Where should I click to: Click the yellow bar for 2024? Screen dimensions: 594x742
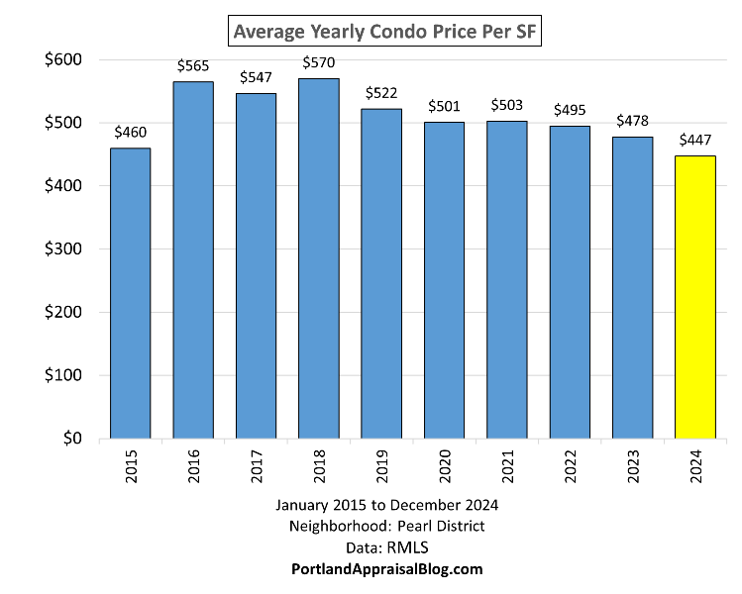(694, 297)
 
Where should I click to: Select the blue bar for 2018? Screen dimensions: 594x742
(318, 258)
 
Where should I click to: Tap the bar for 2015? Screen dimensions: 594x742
(130, 293)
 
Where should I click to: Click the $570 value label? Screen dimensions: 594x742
(318, 64)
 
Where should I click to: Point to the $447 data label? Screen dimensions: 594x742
(694, 142)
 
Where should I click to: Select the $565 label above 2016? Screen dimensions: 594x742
(193, 66)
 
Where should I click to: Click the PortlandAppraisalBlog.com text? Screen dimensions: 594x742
(386, 569)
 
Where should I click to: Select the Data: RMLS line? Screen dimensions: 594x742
(386, 547)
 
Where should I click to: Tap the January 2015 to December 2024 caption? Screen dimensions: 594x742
(386, 506)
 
